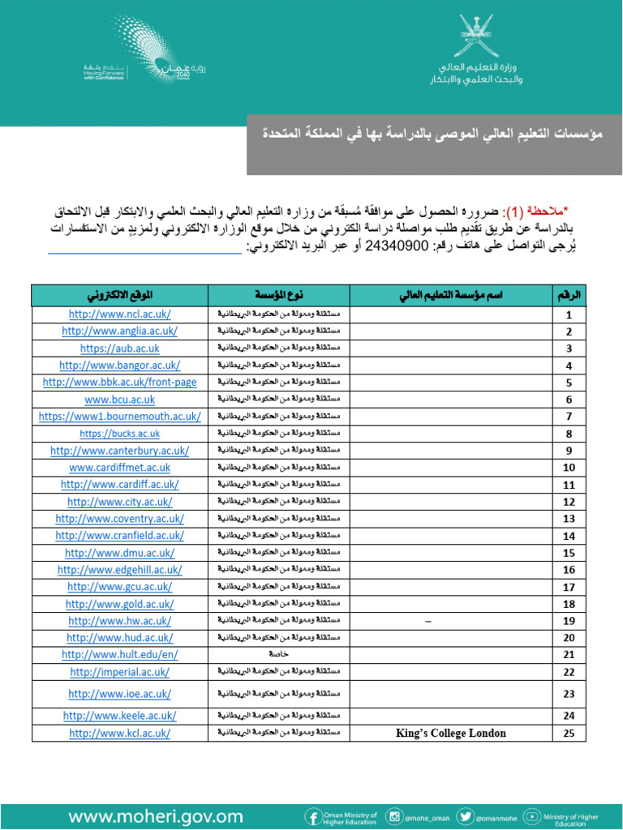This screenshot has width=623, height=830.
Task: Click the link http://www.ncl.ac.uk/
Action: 119,314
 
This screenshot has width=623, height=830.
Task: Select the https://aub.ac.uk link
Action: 119,349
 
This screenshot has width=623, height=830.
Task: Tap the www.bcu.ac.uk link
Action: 119,400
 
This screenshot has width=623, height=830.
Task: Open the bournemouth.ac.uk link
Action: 119,417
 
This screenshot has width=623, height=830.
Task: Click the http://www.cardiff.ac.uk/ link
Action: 119,485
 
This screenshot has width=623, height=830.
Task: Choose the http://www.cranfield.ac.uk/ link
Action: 119,536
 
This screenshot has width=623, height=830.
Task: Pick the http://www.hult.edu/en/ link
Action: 119,655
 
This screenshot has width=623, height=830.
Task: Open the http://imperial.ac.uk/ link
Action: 119,672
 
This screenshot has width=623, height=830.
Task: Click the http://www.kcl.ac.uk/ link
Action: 119,733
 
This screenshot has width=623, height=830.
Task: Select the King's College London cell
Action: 450,733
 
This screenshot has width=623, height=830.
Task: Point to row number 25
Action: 569,733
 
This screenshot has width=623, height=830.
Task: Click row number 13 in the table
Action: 569,519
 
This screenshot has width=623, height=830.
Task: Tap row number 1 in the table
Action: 569,314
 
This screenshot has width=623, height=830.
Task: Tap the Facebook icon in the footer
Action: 311,816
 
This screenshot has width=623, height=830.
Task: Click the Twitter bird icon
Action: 465,816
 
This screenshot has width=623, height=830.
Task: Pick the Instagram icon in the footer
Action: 395,816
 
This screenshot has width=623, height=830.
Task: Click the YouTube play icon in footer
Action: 532,816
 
